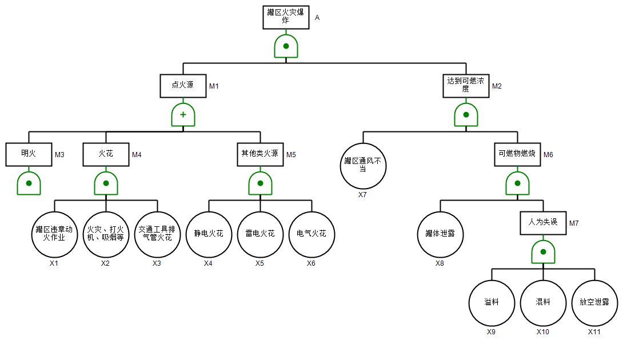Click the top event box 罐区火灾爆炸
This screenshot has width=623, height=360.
coord(286,17)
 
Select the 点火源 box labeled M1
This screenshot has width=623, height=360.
coord(183,86)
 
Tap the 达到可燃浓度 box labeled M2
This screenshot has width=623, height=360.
coord(466,86)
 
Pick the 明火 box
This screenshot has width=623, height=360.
coord(29,154)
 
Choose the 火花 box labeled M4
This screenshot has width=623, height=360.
coord(106,154)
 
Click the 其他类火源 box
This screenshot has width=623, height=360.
coord(260,154)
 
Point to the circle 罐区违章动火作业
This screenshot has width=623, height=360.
coord(54,234)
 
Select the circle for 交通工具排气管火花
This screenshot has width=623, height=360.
coord(157,234)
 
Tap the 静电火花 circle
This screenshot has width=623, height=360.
coord(209,234)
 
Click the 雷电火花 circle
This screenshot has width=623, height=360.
coord(260,234)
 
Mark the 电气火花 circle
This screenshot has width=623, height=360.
coord(311,234)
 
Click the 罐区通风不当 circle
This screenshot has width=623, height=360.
coord(363,166)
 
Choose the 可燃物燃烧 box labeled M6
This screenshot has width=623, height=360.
coord(517,154)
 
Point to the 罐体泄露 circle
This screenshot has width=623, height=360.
coord(440,234)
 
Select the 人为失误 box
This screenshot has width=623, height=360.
coord(543,223)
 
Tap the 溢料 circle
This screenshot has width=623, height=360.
coord(492,303)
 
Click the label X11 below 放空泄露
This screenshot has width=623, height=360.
coord(594,332)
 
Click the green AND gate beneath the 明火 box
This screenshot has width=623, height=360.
coord(29,183)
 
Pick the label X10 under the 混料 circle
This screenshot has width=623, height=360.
coord(543,332)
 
